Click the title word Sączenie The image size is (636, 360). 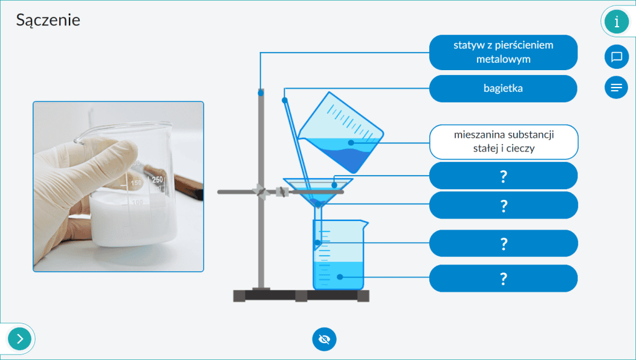click(x=48, y=20)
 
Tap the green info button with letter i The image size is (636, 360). click(x=616, y=21)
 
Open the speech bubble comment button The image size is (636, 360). click(x=616, y=56)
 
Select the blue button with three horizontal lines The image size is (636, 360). click(x=616, y=87)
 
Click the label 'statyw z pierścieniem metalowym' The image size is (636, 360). click(x=503, y=52)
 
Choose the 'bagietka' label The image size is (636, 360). click(x=503, y=88)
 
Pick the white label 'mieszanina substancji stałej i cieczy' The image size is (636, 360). click(x=503, y=142)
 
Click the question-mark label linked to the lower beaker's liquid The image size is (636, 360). click(x=503, y=279)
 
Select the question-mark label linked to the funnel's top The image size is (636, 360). click(x=503, y=176)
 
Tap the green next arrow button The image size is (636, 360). click(x=19, y=338)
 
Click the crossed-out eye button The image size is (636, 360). click(x=324, y=339)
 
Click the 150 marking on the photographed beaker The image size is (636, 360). click(x=136, y=183)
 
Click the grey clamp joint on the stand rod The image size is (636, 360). click(x=260, y=191)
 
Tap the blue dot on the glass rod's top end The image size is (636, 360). click(x=284, y=100)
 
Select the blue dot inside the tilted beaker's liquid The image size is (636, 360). click(x=351, y=143)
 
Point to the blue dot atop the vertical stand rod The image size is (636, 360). click(x=261, y=93)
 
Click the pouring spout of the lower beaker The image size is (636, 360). click(x=365, y=223)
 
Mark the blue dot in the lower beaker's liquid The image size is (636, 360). click(x=340, y=277)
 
